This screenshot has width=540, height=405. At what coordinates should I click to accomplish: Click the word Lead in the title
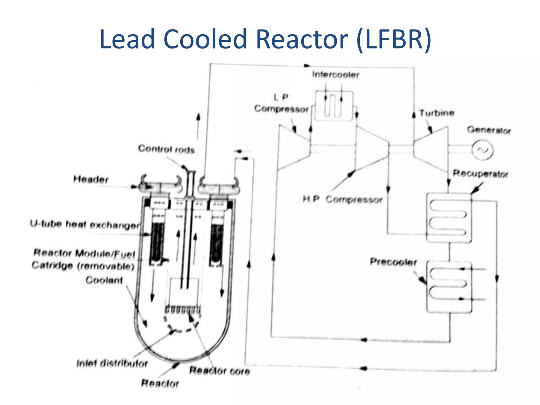pos(127,40)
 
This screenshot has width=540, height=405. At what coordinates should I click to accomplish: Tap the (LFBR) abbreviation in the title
pos(394,40)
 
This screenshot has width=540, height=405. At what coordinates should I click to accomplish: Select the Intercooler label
pos(335,75)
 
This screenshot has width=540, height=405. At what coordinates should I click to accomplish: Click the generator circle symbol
pos(482,150)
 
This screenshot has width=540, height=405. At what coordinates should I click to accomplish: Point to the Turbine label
pos(437,113)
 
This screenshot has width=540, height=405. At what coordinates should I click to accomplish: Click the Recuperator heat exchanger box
pos(449,218)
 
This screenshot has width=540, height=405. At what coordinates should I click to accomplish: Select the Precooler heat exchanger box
pos(449,287)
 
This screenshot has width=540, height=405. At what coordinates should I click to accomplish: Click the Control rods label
pos(166,149)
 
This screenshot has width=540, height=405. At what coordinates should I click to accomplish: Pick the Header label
pos(91,180)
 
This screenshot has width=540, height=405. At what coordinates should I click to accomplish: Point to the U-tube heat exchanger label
pos(84,225)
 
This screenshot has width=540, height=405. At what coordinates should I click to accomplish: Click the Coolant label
pos(104,280)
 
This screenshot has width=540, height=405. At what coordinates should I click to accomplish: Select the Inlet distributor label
pos(112,364)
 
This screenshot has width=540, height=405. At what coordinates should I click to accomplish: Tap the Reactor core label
pos(219,371)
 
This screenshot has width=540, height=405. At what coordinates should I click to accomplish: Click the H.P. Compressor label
pos(342,200)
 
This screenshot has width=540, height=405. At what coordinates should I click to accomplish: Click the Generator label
pos(489,130)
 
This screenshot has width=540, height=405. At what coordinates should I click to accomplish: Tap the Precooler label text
pos(393,262)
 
